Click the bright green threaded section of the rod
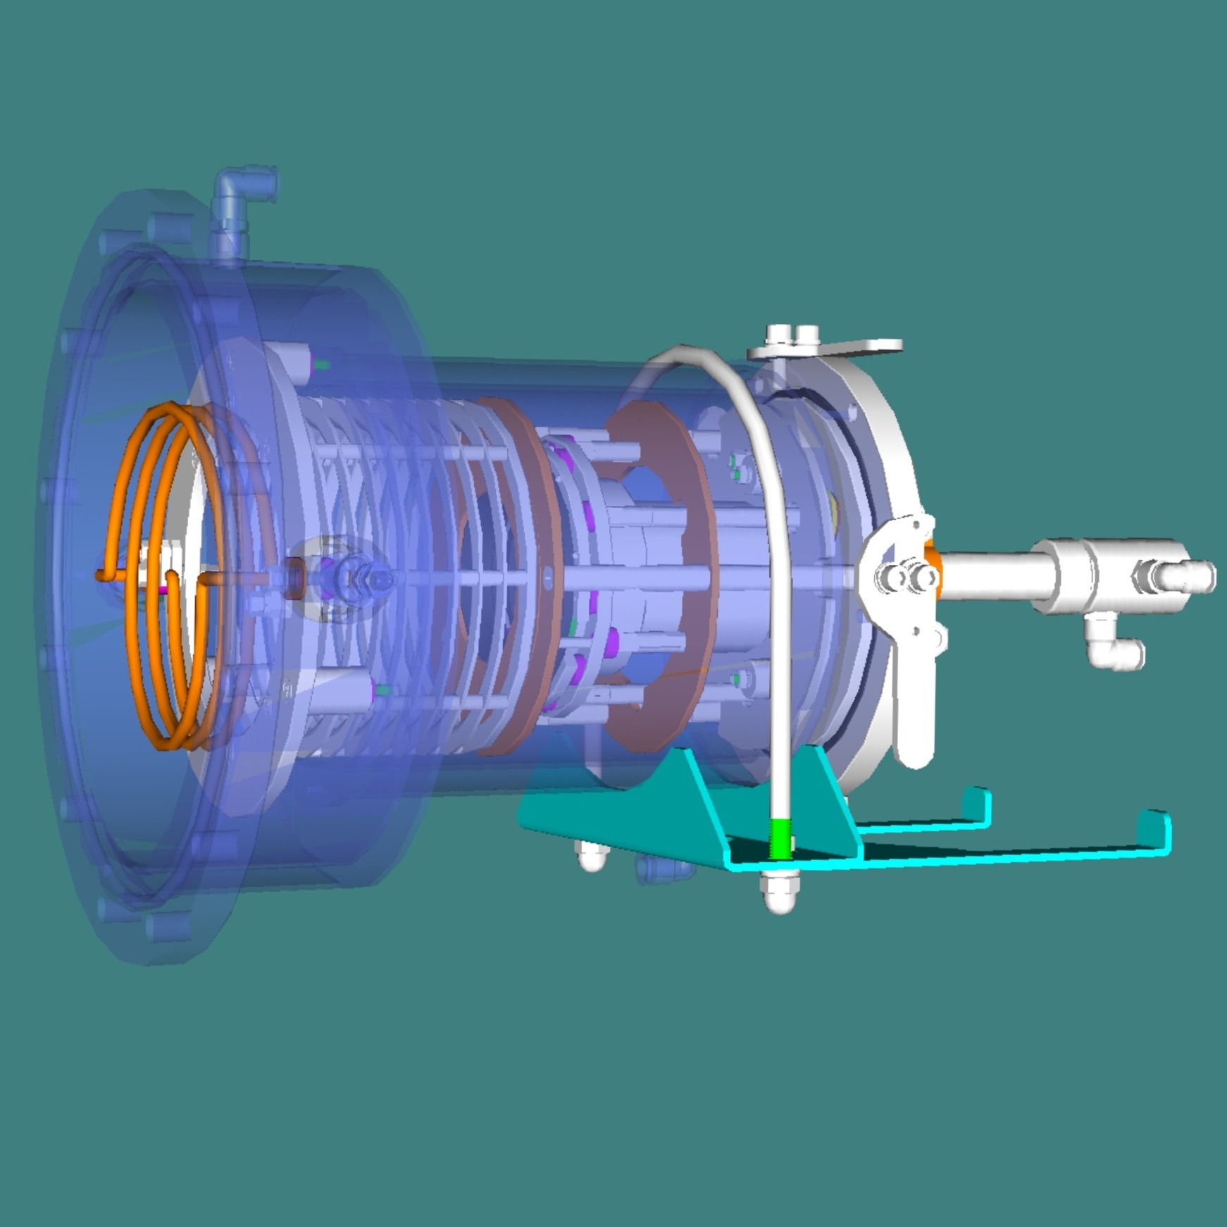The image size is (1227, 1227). [x=780, y=838]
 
